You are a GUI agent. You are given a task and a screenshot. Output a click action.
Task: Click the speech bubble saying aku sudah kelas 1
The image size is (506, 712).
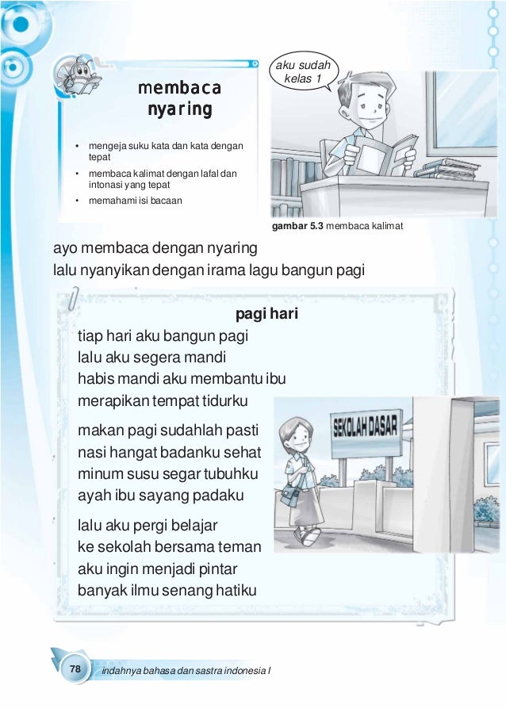pyautogui.click(x=305, y=73)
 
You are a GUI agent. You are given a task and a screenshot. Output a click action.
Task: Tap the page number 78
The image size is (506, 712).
pyautogui.click(x=75, y=670)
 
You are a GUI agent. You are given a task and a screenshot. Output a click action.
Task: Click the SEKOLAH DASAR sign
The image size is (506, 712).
pyautogui.click(x=366, y=431)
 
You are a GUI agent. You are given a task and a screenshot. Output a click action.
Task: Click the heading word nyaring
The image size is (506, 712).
pyautogui.click(x=179, y=109)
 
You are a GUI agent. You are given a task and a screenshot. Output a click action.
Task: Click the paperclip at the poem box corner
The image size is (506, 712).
pyautogui.click(x=73, y=302)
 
